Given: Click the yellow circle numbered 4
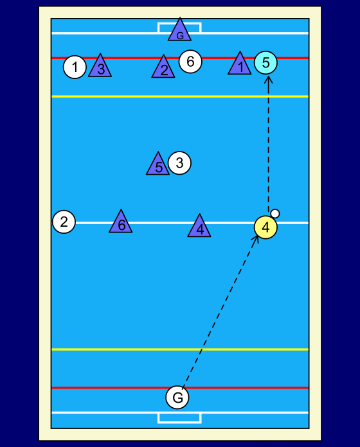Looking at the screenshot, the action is pos(265,227).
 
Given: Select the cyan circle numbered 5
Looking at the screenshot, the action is pos(265,63).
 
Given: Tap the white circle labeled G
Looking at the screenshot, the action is pos(177,397).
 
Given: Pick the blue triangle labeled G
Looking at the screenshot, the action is pos(180,31).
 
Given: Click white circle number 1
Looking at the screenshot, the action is pos(75,67).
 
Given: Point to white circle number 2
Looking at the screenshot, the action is pos(64,222).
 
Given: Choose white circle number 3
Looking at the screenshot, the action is pos(179,162).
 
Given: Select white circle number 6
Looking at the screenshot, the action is pos(190,62).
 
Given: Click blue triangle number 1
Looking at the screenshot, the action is pos(240,65).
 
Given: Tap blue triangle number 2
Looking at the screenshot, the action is pos(163,68).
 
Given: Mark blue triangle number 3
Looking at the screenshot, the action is pos(100,67).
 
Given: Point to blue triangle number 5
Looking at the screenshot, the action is pos(158,165).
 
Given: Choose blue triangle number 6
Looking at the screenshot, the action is pos(121,223).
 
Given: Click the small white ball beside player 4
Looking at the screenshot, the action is pos(275,213).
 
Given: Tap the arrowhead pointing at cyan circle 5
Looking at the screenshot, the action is pos(268,80).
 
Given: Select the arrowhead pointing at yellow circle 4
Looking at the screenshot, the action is pos(256,239).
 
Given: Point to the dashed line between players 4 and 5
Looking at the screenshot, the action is pos(268,145).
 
